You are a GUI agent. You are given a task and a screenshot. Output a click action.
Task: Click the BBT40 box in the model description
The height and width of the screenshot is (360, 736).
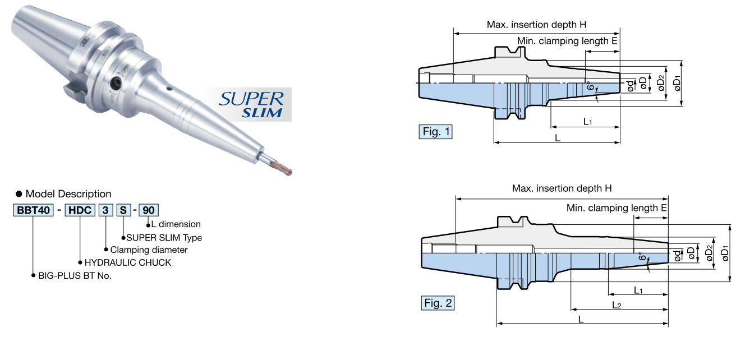point(33,211)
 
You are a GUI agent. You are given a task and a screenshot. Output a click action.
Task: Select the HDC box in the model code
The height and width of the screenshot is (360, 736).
point(80,211)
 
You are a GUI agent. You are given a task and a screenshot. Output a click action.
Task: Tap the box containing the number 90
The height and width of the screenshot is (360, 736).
point(149,211)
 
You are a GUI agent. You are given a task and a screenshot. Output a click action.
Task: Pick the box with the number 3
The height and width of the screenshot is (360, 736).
point(105,211)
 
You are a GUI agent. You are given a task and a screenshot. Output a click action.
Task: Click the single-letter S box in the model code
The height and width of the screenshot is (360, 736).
point(123,211)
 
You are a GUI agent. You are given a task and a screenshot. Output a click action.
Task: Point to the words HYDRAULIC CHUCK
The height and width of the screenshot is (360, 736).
point(128,262)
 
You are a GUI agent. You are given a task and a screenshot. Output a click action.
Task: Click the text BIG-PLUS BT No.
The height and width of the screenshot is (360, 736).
point(75,276)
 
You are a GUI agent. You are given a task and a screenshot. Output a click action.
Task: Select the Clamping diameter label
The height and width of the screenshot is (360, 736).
point(149,250)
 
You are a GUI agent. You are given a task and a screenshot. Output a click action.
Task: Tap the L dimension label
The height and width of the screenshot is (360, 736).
point(176,224)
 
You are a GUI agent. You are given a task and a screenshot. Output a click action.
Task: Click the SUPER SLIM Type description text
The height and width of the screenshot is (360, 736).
point(164,237)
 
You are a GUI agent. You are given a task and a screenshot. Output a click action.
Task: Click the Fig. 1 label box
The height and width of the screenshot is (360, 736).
point(436,132)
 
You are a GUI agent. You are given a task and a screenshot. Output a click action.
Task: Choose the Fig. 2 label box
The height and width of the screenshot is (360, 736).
point(438,303)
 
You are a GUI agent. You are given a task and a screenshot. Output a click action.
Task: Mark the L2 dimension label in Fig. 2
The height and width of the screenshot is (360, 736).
point(617,304)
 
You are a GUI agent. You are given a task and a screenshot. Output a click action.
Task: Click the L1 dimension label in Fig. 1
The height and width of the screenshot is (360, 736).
point(588,121)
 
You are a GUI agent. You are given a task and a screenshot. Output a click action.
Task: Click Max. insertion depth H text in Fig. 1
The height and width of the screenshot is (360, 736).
point(537,25)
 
